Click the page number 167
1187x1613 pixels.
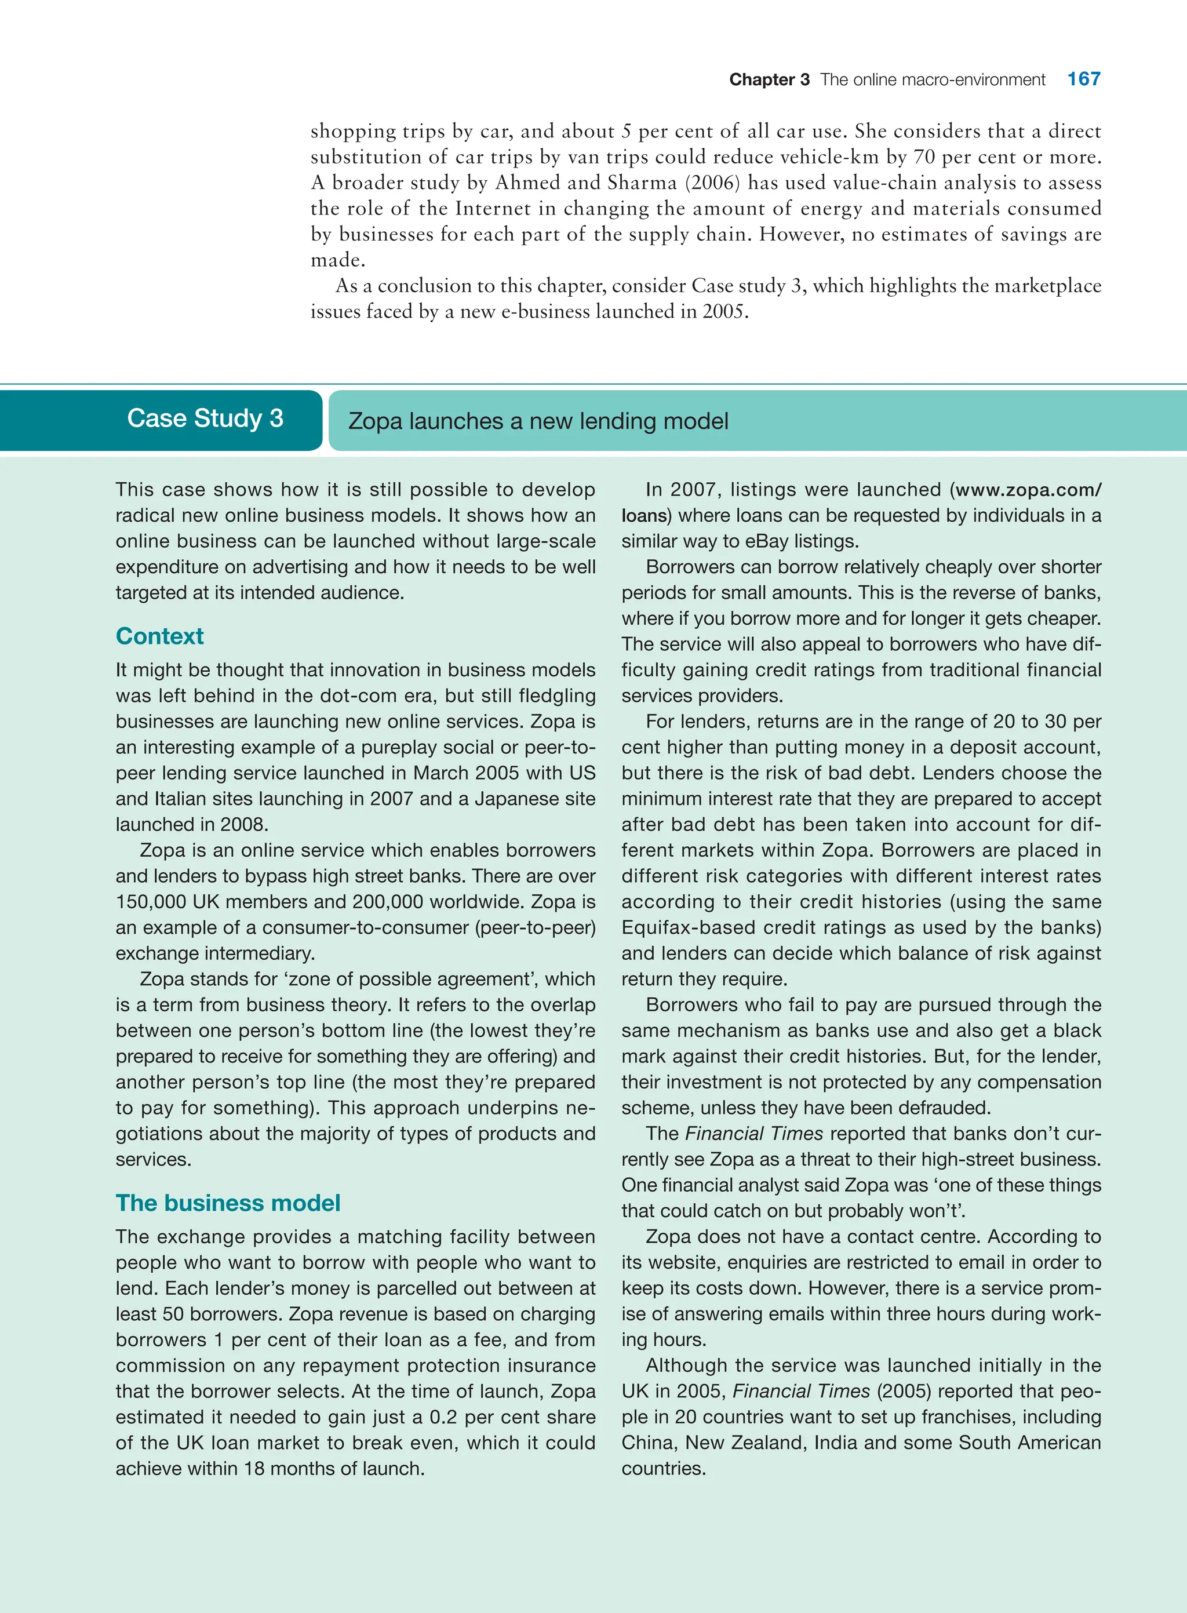click(x=1083, y=79)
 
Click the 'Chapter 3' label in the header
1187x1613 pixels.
click(x=769, y=80)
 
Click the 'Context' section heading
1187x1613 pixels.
click(x=159, y=636)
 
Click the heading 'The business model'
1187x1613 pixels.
click(x=228, y=1203)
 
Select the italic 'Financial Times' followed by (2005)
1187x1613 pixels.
click(x=800, y=1391)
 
